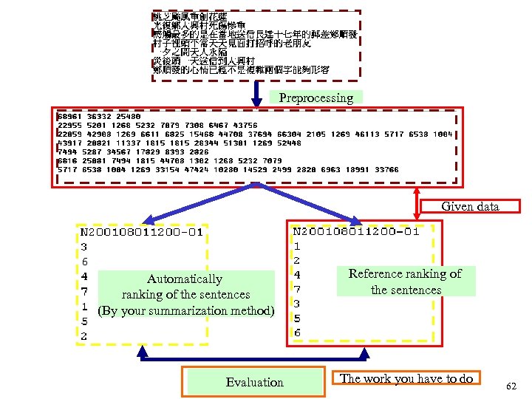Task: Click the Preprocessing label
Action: pyautogui.click(x=316, y=98)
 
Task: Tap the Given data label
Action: pyautogui.click(x=470, y=206)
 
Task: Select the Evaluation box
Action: pyautogui.click(x=254, y=382)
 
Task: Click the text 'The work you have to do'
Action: pyautogui.click(x=406, y=378)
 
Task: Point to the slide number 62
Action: pyautogui.click(x=512, y=386)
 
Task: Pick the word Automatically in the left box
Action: pyautogui.click(x=184, y=279)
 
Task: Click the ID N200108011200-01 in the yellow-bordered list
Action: pyautogui.click(x=141, y=232)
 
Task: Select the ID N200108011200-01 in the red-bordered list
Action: pyautogui.click(x=355, y=231)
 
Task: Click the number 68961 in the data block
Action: pyautogui.click(x=69, y=117)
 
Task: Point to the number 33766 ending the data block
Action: pyautogui.click(x=386, y=170)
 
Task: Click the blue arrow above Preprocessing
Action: pyautogui.click(x=256, y=92)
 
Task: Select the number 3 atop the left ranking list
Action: pyautogui.click(x=84, y=247)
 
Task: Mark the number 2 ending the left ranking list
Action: pyautogui.click(x=84, y=336)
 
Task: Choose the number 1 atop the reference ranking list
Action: pyautogui.click(x=296, y=245)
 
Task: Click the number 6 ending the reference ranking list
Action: pyautogui.click(x=297, y=333)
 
